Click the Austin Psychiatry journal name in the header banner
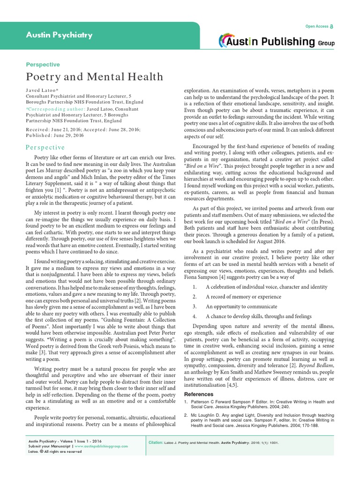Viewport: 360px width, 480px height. point(59,35)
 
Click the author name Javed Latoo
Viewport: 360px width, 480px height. point(43,89)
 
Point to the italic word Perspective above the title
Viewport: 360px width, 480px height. point(42,65)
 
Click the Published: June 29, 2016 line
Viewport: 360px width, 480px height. point(55,135)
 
